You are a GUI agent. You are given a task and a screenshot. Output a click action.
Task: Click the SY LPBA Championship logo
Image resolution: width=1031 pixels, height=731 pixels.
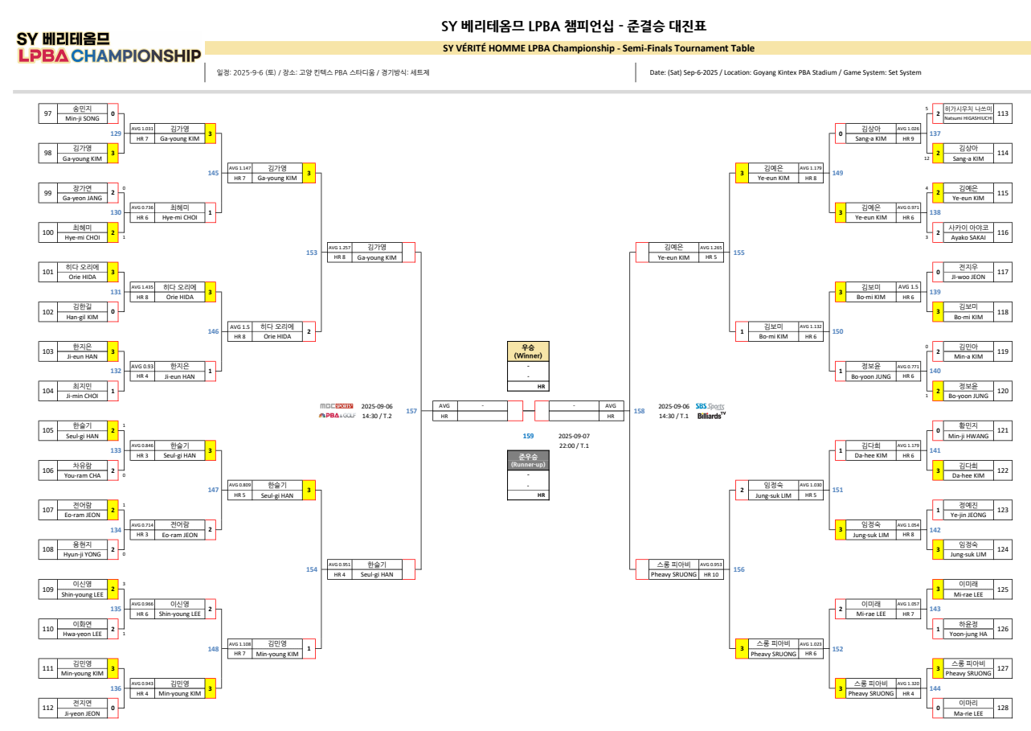(108, 48)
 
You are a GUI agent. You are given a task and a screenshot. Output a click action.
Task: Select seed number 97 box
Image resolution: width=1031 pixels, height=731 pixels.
(47, 113)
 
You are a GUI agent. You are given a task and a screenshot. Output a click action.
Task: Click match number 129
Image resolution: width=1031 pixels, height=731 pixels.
(116, 133)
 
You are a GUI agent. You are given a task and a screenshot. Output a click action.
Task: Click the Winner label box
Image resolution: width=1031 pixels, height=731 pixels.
(528, 351)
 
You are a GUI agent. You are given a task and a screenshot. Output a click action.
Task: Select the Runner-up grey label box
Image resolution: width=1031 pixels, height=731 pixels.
(528, 461)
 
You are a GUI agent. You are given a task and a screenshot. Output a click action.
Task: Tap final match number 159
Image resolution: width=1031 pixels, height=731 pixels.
(528, 436)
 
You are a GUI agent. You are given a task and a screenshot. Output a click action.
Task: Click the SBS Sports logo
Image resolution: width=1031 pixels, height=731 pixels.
(710, 406)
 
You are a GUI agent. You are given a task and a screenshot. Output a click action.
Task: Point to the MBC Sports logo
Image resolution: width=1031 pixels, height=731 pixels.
(336, 406)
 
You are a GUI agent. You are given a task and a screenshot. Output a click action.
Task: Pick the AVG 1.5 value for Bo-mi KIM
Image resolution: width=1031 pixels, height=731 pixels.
(908, 286)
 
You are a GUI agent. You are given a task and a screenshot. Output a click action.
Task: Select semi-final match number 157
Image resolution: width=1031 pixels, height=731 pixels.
(411, 411)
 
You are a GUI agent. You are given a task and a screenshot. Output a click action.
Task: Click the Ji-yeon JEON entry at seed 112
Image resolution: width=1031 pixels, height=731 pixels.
(82, 713)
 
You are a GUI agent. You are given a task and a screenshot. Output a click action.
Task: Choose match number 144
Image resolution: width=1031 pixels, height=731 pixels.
(935, 688)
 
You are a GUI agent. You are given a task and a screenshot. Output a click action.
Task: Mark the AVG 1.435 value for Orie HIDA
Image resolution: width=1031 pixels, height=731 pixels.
(142, 286)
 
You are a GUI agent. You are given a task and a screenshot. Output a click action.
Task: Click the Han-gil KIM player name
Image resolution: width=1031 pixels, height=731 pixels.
(82, 316)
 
